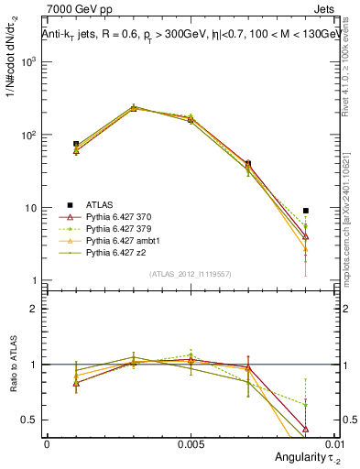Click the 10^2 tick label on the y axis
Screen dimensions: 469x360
point(31,135)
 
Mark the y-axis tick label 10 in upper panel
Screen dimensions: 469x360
point(33,208)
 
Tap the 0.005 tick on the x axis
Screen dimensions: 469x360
point(190,443)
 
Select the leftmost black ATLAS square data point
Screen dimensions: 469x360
point(75,144)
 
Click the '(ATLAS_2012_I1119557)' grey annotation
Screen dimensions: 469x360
point(190,274)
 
